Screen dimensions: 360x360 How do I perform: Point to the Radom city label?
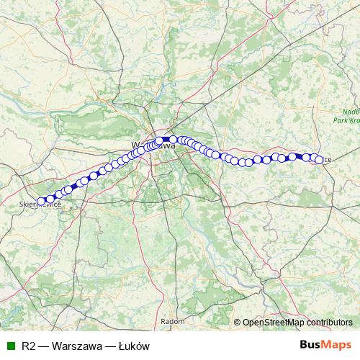coord(173,321)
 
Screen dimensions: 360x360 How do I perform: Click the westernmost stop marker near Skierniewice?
coord(41,201)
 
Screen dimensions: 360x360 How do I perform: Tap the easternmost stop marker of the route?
coord(319,159)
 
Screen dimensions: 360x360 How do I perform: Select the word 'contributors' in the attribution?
coord(329,322)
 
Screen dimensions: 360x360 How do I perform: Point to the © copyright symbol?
coord(237,322)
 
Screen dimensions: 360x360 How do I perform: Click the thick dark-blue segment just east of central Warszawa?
coord(166,139)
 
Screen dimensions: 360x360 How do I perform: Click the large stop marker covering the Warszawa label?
coord(160,141)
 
